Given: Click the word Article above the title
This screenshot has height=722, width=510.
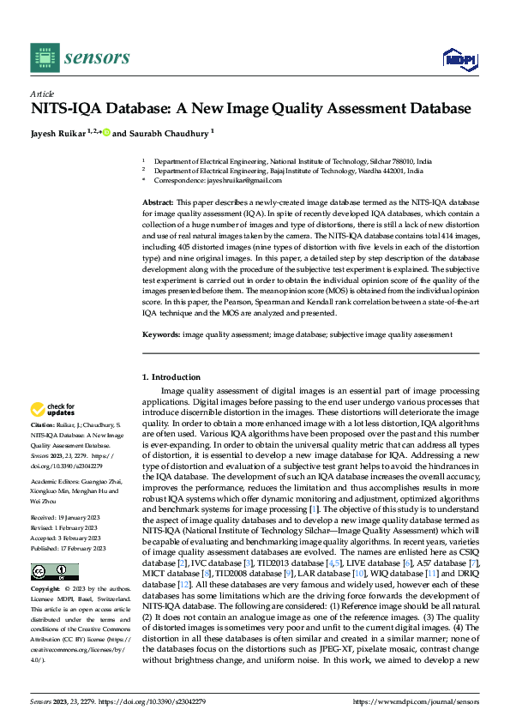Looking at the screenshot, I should coord(42,93).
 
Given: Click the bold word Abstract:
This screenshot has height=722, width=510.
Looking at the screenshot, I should coord(158,201).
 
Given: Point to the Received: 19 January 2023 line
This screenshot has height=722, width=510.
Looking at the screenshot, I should coord(69,518).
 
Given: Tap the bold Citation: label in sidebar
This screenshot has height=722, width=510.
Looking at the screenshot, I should coord(44,424).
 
